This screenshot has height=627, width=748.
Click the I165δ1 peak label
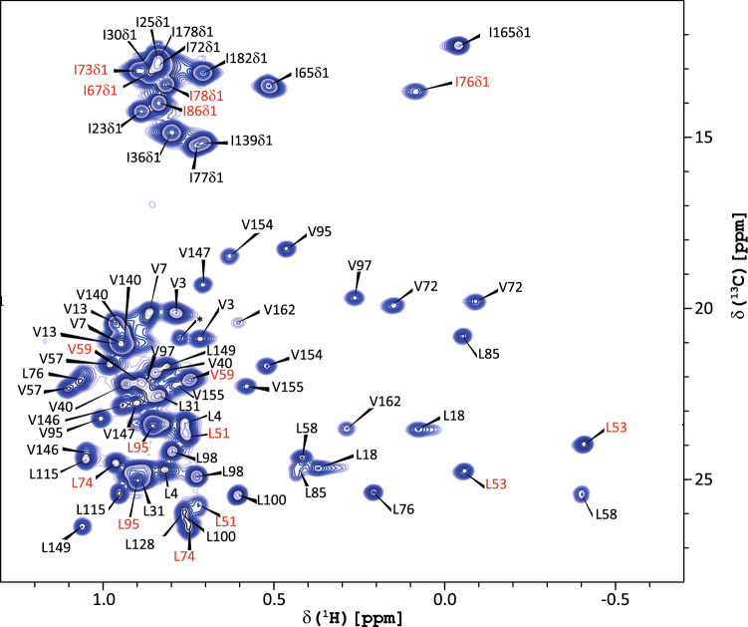510,33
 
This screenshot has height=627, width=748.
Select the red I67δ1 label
101,91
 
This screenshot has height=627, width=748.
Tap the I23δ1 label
105,128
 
